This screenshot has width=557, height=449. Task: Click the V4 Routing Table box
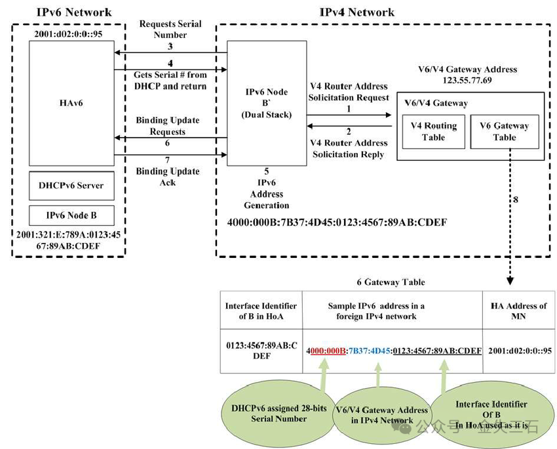tap(433, 131)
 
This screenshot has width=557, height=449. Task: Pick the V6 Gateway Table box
tap(504, 131)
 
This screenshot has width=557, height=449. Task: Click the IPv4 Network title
tap(356, 12)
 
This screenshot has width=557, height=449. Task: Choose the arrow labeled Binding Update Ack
tap(170, 156)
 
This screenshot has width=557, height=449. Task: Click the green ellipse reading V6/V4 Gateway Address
tap(374, 416)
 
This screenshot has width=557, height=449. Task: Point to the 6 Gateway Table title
tap(391, 282)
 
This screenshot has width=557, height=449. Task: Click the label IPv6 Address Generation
tap(267, 188)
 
